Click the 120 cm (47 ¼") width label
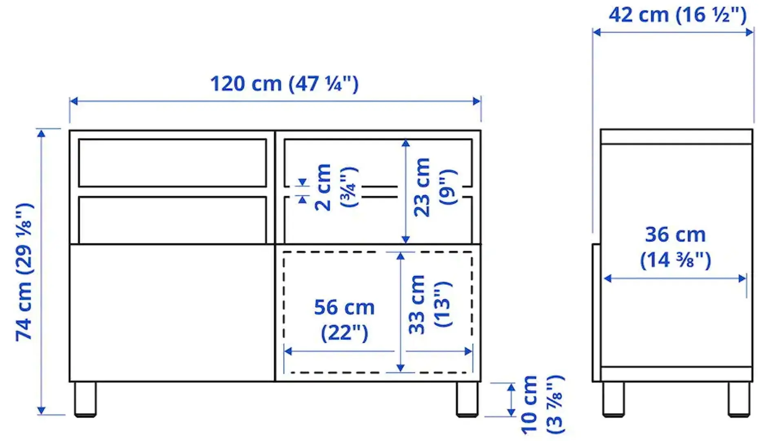[x=284, y=84]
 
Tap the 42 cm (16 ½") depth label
[x=678, y=16]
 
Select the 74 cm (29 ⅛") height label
[x=24, y=272]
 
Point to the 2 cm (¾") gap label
[x=335, y=187]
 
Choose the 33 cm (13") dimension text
[x=430, y=305]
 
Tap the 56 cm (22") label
[x=344, y=320]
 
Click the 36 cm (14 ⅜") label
[x=676, y=247]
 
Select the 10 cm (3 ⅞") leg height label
[x=543, y=404]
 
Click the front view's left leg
[x=85, y=399]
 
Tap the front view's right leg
[x=467, y=399]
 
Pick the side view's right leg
[x=739, y=399]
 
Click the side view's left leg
[x=614, y=399]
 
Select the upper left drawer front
[x=172, y=163]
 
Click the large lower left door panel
[x=172, y=313]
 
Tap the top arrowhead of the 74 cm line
[x=41, y=133]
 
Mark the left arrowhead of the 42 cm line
[x=596, y=32]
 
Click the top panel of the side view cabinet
[x=676, y=137]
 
